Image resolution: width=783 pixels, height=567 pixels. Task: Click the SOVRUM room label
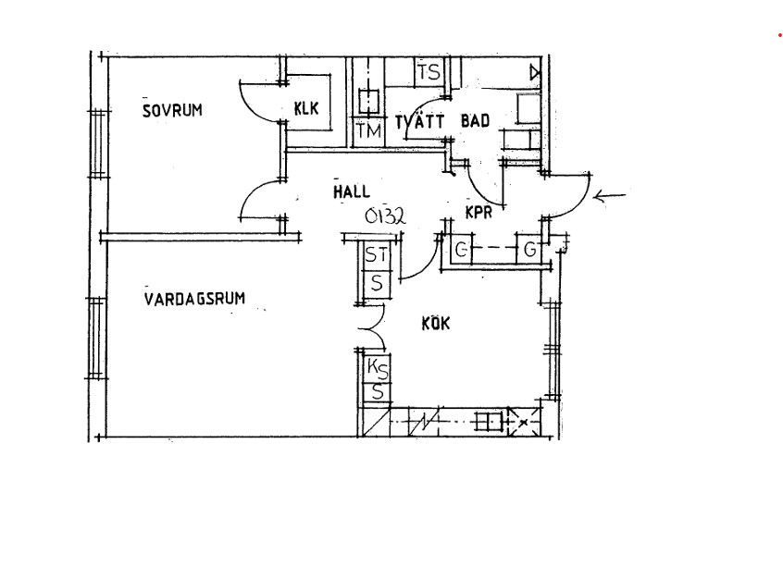point(172,110)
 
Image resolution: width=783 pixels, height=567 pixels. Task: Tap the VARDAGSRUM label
point(194,299)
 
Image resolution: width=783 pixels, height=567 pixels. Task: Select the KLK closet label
point(306,108)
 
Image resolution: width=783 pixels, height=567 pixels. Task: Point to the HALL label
point(352,191)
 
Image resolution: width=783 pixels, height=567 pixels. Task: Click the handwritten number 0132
point(385,216)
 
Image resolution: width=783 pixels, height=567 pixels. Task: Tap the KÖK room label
point(435,324)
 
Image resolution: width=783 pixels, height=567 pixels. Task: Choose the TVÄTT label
point(419,121)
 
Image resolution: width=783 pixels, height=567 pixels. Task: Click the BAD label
point(475,121)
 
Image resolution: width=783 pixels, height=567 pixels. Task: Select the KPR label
point(478,213)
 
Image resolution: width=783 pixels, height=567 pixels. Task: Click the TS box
point(429,72)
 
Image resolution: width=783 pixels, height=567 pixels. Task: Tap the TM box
point(369,131)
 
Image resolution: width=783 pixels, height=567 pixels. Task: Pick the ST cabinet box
point(377,255)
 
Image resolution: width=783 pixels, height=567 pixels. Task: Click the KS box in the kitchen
point(378,369)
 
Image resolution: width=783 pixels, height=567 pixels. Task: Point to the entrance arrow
point(609,197)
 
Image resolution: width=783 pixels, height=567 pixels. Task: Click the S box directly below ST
point(377,284)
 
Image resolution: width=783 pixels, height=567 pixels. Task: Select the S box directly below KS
point(378,392)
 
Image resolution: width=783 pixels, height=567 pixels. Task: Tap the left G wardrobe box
point(462,249)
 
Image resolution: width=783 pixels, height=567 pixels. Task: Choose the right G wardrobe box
point(529,249)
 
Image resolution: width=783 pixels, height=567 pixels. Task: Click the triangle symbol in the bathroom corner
point(535,73)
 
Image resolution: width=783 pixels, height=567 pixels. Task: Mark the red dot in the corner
point(779,35)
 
